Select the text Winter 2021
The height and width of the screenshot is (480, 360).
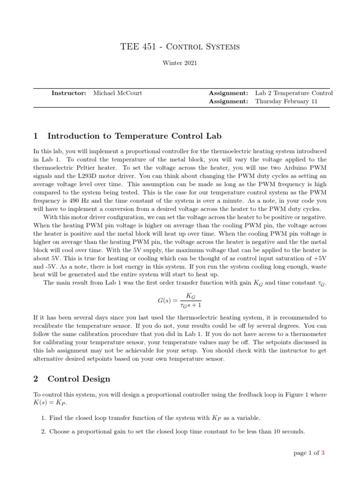[180, 62]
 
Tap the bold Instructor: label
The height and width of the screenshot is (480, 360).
[69, 93]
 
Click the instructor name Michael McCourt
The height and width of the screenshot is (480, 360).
[118, 93]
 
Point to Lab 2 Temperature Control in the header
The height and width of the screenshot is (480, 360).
[294, 93]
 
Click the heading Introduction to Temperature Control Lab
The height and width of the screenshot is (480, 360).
[134, 136]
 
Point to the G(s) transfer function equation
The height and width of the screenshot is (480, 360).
[180, 300]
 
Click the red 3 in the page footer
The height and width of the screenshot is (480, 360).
[323, 453]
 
